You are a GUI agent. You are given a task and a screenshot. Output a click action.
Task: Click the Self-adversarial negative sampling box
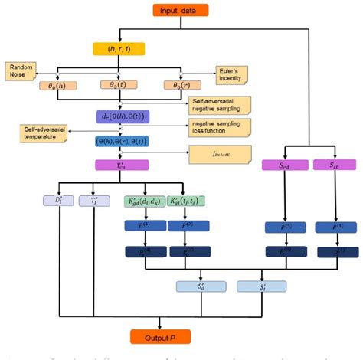coord(217,103)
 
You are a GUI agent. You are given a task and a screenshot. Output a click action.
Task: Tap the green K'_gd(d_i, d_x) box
coord(143,201)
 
